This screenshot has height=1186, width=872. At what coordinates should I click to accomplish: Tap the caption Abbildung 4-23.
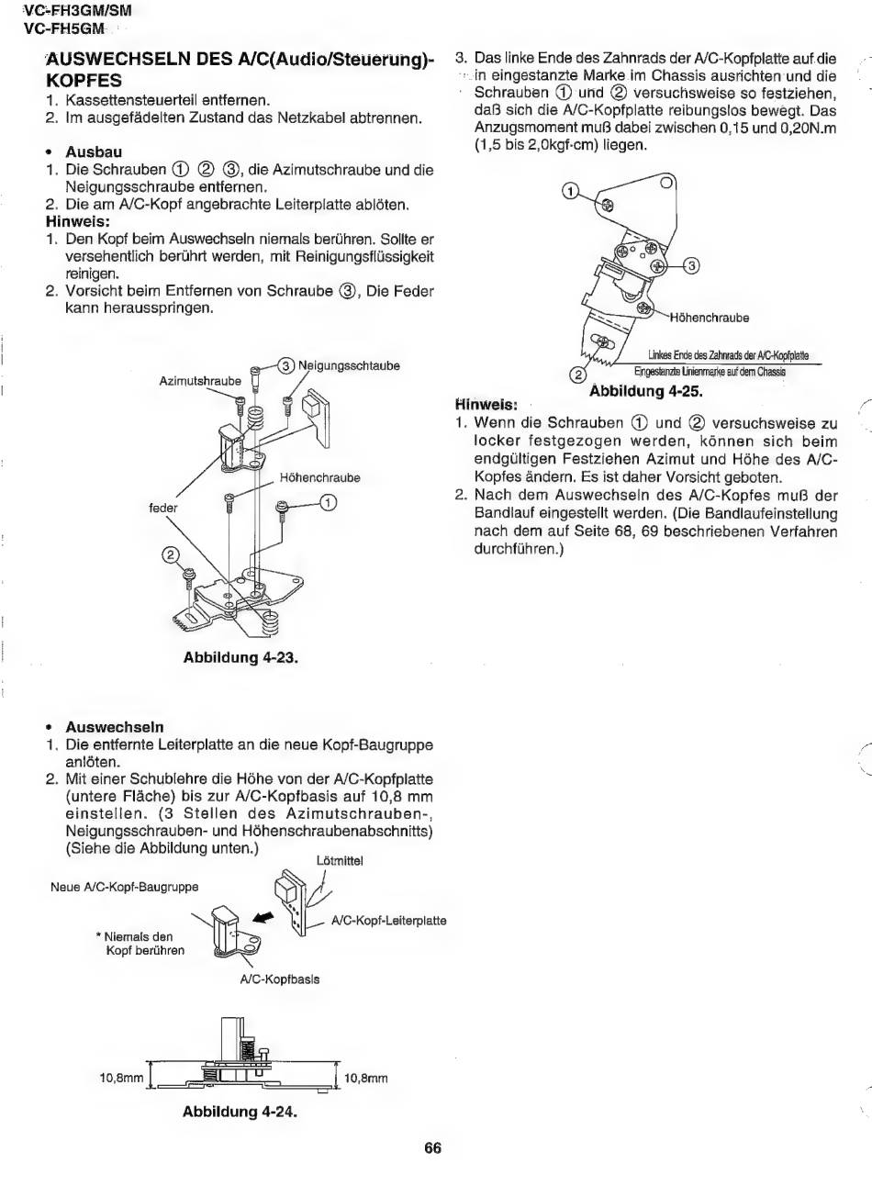coord(240,657)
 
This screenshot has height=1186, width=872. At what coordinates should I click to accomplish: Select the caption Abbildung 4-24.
coord(240,1112)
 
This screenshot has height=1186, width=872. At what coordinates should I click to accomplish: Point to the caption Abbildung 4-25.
coord(646,391)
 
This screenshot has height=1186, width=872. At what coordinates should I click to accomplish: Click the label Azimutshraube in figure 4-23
coord(200,381)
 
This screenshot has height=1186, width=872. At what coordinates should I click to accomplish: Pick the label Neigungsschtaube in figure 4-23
coord(349,365)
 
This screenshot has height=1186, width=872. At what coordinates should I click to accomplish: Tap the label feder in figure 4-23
coord(163,508)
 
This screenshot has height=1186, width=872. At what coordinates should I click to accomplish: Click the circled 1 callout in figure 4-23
coord(329,502)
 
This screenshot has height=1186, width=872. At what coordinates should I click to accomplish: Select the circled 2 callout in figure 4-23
coord(170,554)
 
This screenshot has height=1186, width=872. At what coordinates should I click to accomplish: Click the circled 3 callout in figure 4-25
coord(692,265)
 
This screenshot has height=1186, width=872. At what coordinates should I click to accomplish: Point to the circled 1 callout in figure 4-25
coord(570,192)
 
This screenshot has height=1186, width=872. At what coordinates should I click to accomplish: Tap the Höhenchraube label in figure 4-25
coord(710,318)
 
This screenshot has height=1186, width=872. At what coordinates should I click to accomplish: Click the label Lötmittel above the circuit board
coord(340,861)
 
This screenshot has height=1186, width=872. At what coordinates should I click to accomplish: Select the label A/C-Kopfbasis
coord(280,979)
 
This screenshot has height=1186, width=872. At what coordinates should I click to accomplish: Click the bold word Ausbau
coord(94,152)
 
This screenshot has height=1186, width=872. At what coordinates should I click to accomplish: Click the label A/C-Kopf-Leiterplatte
coord(388,921)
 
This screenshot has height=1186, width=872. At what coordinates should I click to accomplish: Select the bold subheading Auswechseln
coord(115,727)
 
